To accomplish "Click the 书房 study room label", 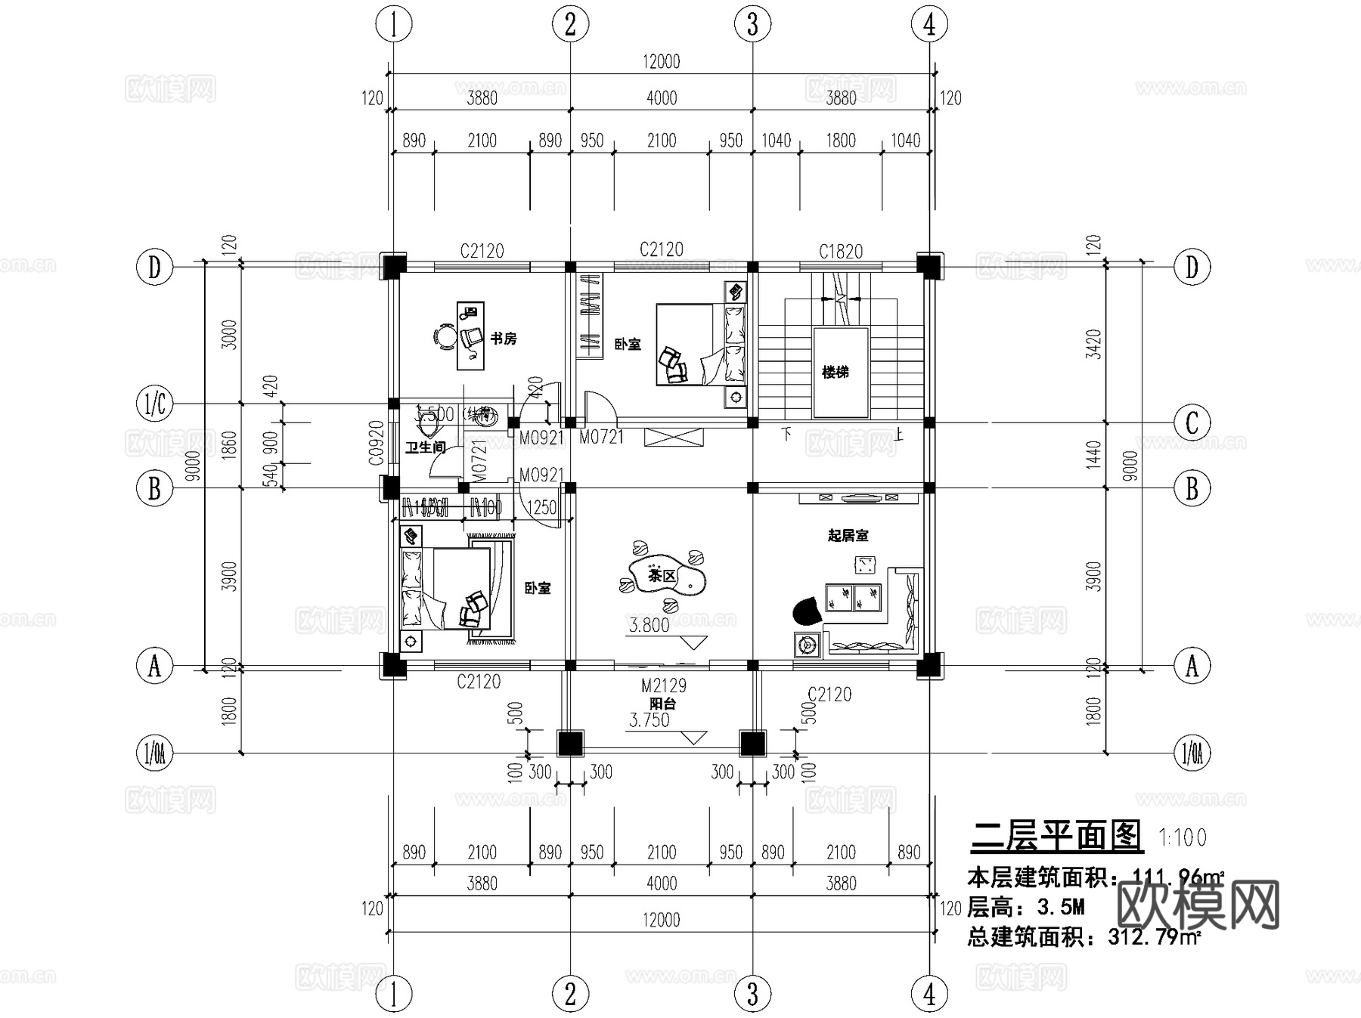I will (503, 339).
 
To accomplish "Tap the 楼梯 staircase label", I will (836, 372).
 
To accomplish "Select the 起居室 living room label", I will (848, 536).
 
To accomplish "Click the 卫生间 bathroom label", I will (425, 447).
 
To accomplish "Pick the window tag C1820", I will (841, 251).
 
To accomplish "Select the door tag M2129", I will (664, 685).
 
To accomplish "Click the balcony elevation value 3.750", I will (649, 720).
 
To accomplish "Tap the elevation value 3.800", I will (649, 625).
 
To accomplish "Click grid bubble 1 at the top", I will (393, 24).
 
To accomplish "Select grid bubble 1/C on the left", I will (154, 404).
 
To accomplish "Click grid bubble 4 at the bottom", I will (929, 994).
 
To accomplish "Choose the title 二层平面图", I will (1056, 836).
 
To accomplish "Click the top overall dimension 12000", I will (661, 62).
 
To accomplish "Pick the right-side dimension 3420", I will (1093, 344).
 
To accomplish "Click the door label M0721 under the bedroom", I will (601, 437).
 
